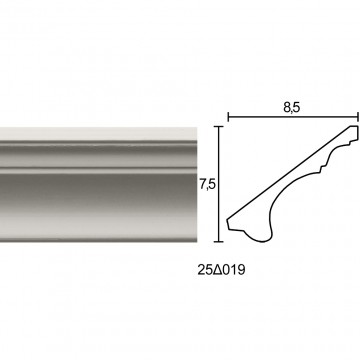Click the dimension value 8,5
click(x=292, y=108)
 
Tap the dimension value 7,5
click(x=207, y=185)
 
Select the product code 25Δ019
click(x=221, y=270)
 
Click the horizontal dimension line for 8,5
click(x=293, y=117)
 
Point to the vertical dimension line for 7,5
click(x=218, y=184)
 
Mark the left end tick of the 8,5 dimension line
click(x=228, y=117)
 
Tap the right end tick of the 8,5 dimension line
click(x=358, y=117)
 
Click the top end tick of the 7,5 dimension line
click(x=218, y=127)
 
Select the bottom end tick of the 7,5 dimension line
click(x=218, y=241)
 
